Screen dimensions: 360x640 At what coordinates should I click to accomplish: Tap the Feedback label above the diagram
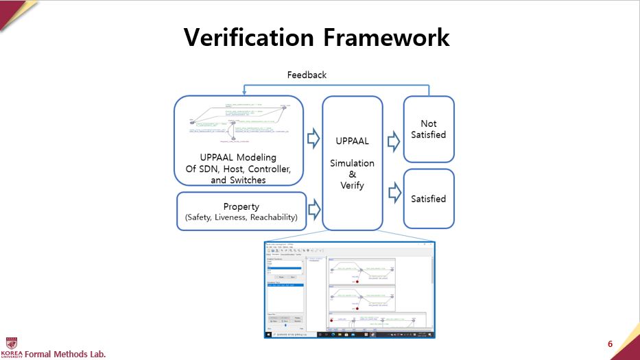(x=307, y=75)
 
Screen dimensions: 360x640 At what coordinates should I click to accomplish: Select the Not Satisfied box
(x=429, y=129)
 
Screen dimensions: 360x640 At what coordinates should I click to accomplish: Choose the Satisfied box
(x=429, y=199)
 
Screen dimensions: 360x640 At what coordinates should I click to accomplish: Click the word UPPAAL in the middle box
(x=353, y=141)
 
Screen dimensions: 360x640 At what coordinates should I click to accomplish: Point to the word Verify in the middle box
(x=353, y=185)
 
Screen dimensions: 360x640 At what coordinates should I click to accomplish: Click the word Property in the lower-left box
(x=241, y=206)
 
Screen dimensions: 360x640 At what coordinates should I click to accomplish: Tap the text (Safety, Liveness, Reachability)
(x=241, y=218)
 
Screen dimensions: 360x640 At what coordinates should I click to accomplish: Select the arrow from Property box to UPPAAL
(x=313, y=208)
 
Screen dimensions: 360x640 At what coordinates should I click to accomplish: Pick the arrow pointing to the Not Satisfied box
(x=394, y=142)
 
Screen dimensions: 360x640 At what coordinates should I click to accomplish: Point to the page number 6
(x=610, y=344)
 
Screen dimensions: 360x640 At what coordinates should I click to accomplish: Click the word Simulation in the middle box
(x=353, y=163)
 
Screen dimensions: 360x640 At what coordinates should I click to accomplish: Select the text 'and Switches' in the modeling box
(x=238, y=180)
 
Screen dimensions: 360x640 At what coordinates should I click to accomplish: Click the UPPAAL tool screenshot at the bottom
(x=349, y=288)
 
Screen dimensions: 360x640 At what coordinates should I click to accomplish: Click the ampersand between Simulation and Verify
(x=353, y=174)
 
